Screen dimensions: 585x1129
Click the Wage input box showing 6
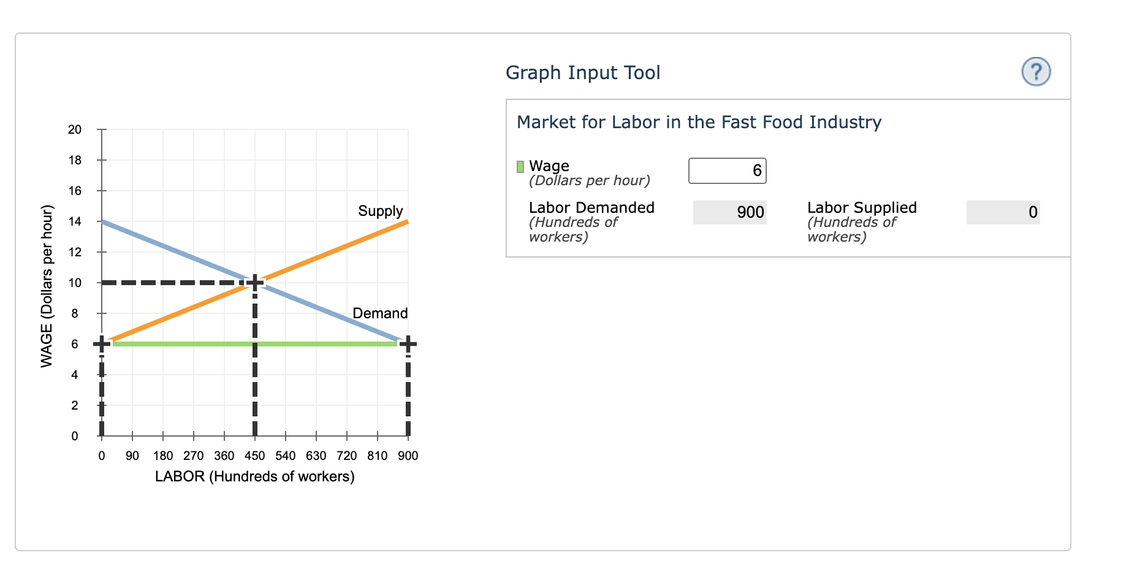click(x=727, y=170)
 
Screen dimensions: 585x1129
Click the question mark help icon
click(x=1036, y=72)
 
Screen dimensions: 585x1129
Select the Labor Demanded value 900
click(x=729, y=212)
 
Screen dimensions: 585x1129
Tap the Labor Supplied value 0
click(x=1003, y=212)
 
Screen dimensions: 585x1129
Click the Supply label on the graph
click(x=380, y=211)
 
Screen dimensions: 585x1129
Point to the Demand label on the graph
click(x=380, y=313)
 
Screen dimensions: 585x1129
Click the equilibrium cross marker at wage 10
click(x=255, y=283)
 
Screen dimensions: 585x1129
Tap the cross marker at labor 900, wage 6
click(x=408, y=344)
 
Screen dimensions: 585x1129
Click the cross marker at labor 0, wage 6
click(x=102, y=344)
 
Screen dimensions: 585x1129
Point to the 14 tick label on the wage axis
click(x=75, y=221)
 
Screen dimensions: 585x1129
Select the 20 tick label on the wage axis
click(x=75, y=129)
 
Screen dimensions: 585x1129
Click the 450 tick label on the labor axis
click(x=255, y=456)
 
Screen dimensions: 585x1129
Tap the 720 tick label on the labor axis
click(x=347, y=456)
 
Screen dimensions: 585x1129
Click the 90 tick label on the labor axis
click(x=132, y=456)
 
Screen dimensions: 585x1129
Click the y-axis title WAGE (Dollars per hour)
click(x=47, y=286)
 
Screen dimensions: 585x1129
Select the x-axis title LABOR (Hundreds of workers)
click(x=255, y=476)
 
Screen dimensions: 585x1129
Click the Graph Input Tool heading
click(x=583, y=72)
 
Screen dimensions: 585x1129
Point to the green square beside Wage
click(x=520, y=166)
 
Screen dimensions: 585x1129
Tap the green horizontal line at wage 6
click(x=184, y=344)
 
